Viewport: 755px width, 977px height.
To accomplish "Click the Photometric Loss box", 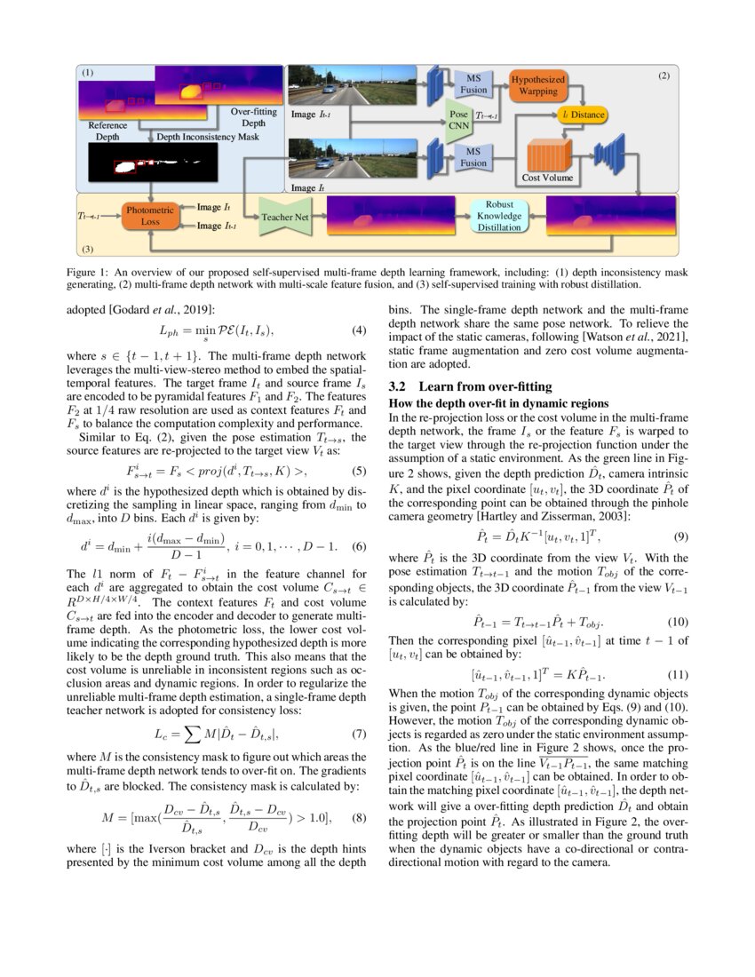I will click(151, 215).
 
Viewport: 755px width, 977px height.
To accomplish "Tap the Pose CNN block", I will click(458, 121).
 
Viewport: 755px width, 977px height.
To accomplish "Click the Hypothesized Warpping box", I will click(537, 85).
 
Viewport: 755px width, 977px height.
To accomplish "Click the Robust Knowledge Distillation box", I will click(498, 216).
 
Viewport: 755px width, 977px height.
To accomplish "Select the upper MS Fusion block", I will click(473, 84).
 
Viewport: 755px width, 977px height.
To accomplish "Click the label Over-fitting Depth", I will click(254, 117).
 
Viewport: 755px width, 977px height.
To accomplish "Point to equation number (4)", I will click(359, 331).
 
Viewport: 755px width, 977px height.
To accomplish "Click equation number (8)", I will click(359, 816).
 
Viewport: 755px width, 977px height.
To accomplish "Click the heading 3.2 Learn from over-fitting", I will click(471, 386).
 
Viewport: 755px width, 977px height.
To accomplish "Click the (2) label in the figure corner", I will click(663, 77).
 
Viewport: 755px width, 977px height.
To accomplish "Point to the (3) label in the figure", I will click(86, 250).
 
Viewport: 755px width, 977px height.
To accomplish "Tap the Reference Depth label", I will click(107, 131).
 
